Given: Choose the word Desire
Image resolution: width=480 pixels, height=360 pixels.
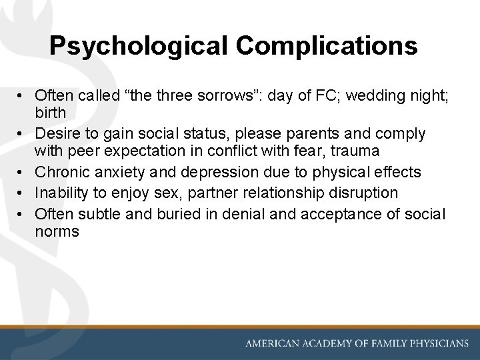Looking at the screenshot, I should [x=57, y=133].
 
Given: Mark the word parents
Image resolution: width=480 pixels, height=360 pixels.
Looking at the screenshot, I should [x=322, y=133].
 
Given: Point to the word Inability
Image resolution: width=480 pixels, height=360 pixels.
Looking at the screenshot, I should [x=60, y=193].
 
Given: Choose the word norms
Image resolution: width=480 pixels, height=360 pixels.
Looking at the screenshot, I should [x=57, y=232].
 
